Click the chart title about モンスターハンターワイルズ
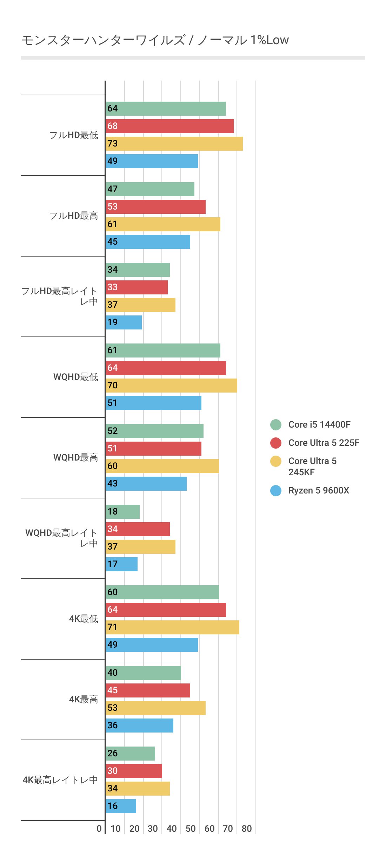[x=155, y=40]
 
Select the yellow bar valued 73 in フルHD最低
[x=174, y=144]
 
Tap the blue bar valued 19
[x=124, y=322]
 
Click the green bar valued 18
[x=123, y=512]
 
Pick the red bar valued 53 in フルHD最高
[x=155, y=207]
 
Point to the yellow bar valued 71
[x=172, y=627]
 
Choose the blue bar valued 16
[x=121, y=806]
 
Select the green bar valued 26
[x=131, y=754]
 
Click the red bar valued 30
[x=134, y=771]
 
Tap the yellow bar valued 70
[x=171, y=386]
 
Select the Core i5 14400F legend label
[x=319, y=424]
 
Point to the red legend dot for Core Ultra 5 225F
[x=276, y=443]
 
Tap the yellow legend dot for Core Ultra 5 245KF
[x=276, y=461]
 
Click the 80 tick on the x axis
[x=247, y=829]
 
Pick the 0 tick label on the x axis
[x=99, y=829]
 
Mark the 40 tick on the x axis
[x=172, y=829]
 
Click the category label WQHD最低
[x=76, y=377]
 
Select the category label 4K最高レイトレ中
[x=60, y=780]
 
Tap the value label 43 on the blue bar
[x=113, y=484]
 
